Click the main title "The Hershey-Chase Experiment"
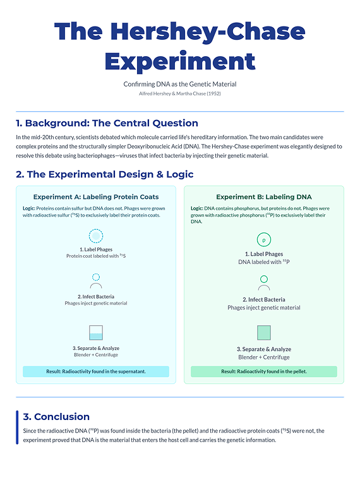179,46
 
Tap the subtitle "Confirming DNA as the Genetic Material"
179,84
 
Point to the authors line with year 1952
179,93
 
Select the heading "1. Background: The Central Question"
107,123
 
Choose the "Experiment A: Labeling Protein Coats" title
96,197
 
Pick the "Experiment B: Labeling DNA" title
263,197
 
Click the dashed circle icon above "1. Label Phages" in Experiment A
96,236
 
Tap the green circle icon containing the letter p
263,240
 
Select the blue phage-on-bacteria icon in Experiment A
96,282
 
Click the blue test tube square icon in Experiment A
96,332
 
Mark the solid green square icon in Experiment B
263,333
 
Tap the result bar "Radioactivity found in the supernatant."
96,371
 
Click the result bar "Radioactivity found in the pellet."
263,371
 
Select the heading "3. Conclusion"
56,417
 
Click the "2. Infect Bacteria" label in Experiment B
263,299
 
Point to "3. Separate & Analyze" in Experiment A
96,348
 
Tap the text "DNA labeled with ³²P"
263,262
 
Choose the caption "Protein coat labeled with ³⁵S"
96,256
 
